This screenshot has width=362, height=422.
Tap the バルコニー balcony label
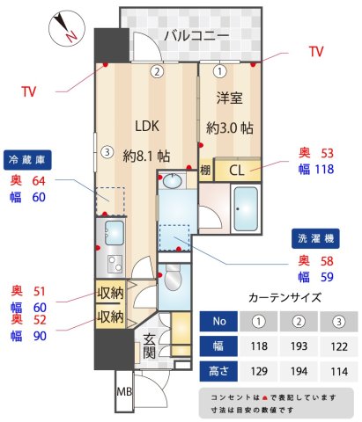pyautogui.click(x=195, y=36)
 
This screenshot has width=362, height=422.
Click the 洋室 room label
pyautogui.click(x=230, y=99)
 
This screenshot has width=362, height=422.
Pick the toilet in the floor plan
pyautogui.click(x=174, y=281)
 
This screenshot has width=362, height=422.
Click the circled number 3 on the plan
pyautogui.click(x=106, y=151)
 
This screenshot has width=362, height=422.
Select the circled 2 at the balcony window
pyautogui.click(x=157, y=71)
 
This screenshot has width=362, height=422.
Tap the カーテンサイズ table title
pyautogui.click(x=279, y=296)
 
